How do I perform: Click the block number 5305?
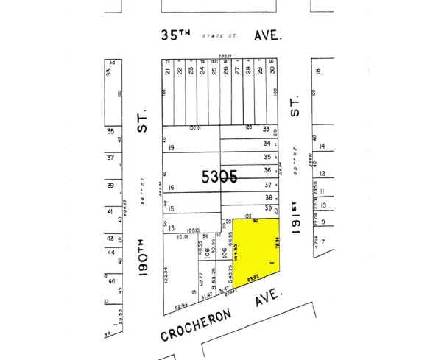tap(219, 177)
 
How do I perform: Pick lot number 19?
tap(171, 148)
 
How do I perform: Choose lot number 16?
tap(170, 188)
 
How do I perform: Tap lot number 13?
tap(170, 229)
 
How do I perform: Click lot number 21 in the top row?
tap(168, 71)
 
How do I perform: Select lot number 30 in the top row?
tap(272, 71)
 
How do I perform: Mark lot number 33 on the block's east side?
tap(267, 129)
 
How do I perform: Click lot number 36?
tap(268, 171)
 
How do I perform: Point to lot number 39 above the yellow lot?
tap(268, 209)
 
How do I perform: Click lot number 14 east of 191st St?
tap(322, 144)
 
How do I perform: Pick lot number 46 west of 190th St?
tap(111, 281)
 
